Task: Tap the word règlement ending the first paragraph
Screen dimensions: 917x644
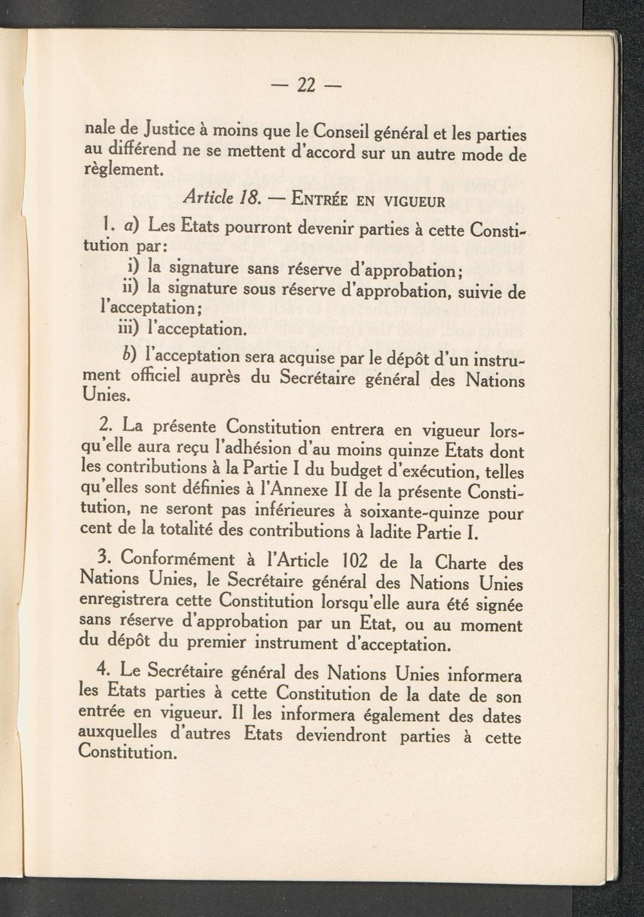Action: (x=120, y=171)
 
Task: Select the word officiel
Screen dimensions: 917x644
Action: (x=155, y=377)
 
